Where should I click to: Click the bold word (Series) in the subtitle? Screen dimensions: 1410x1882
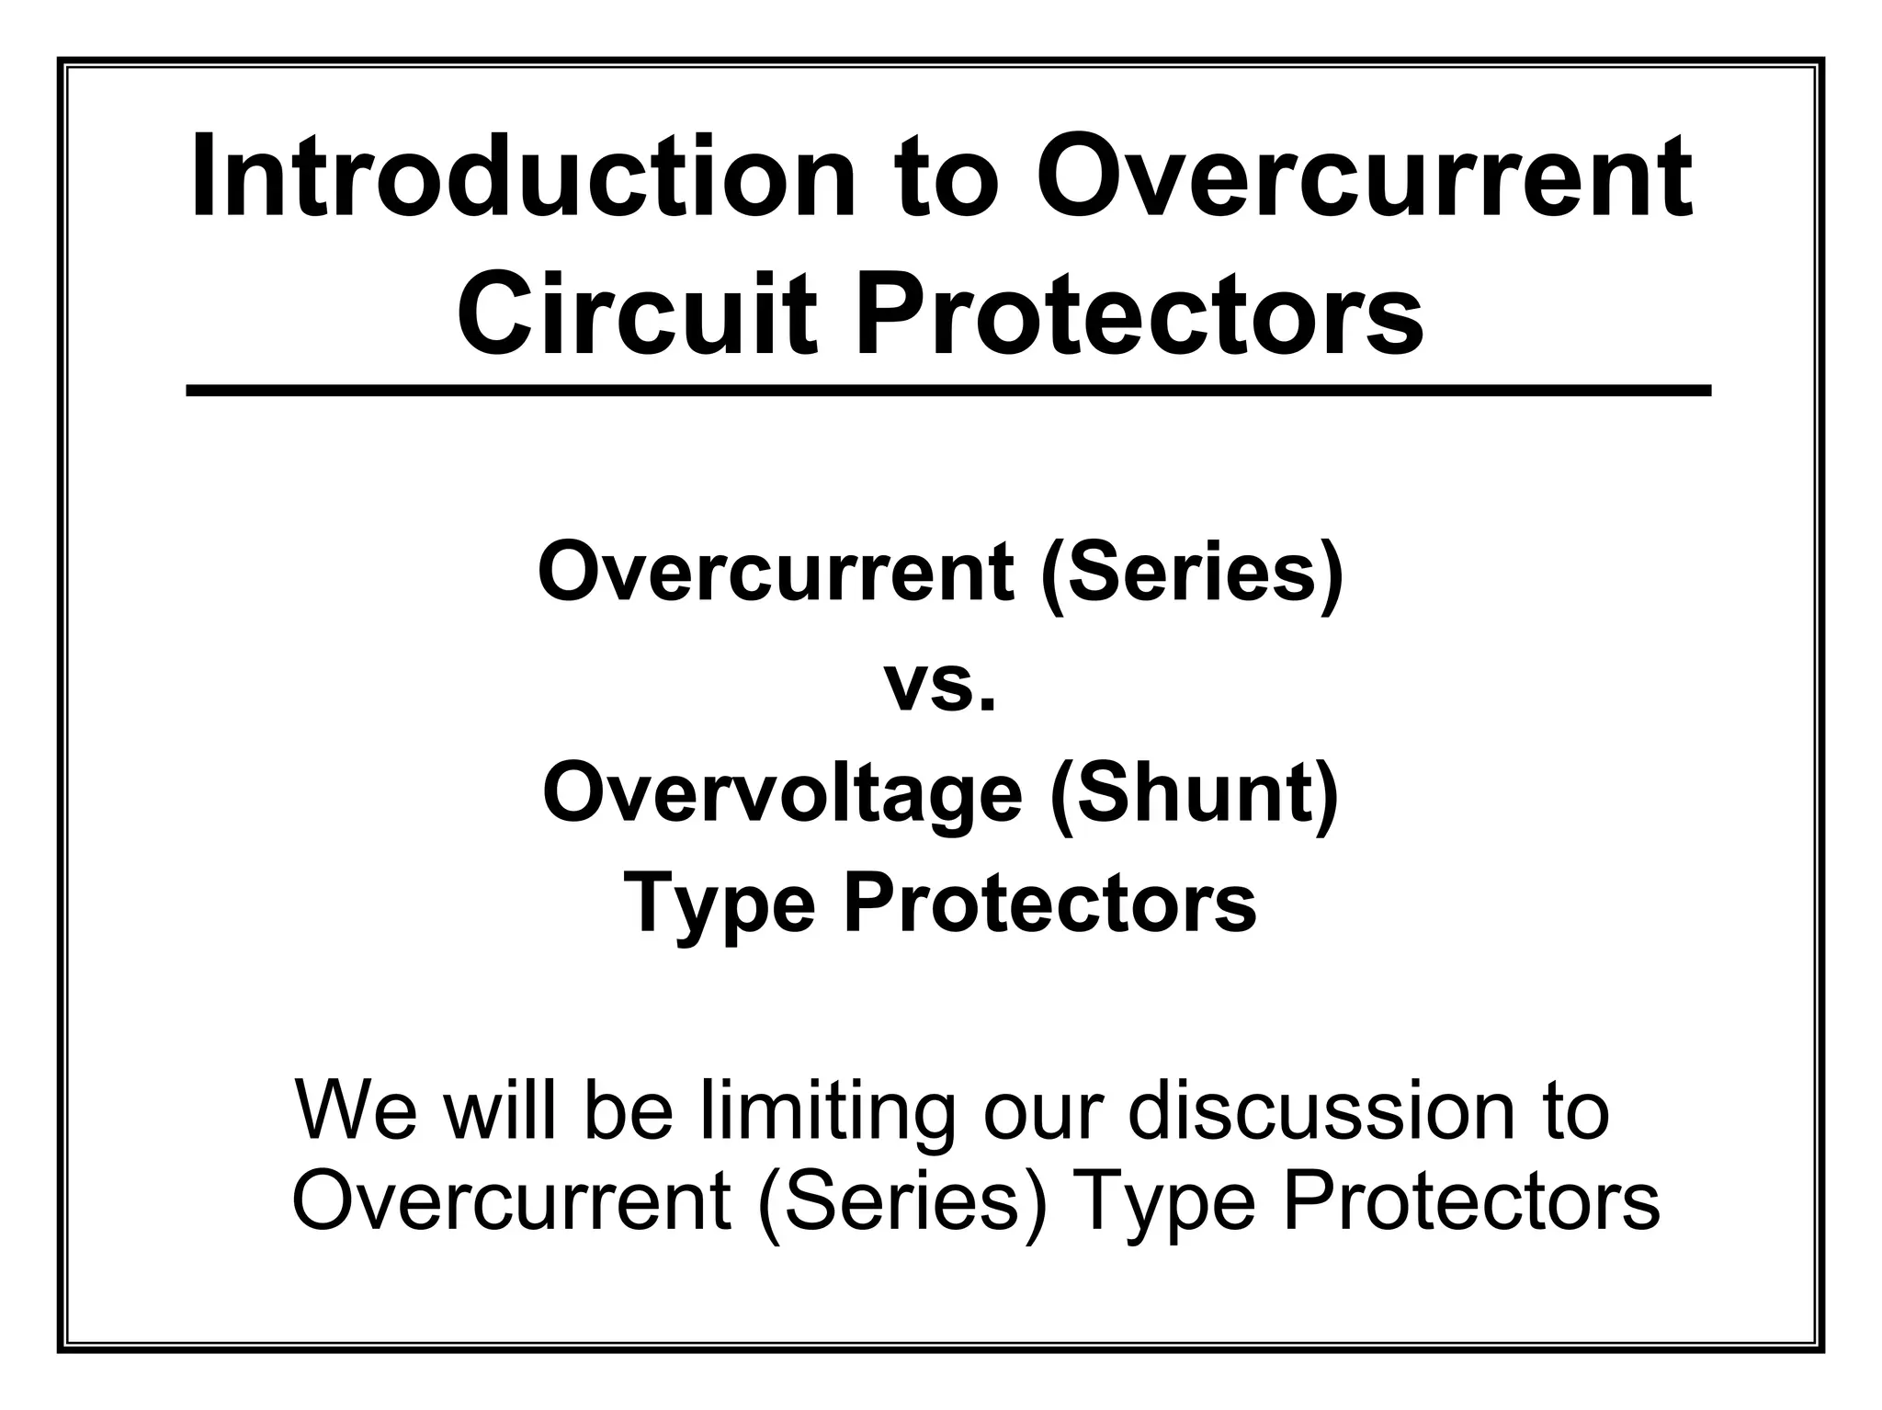1192,572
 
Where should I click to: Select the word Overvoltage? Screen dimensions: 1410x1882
782,794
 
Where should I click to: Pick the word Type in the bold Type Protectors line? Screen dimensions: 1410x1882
720,904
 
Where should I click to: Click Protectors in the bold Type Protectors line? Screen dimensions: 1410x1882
1049,903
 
